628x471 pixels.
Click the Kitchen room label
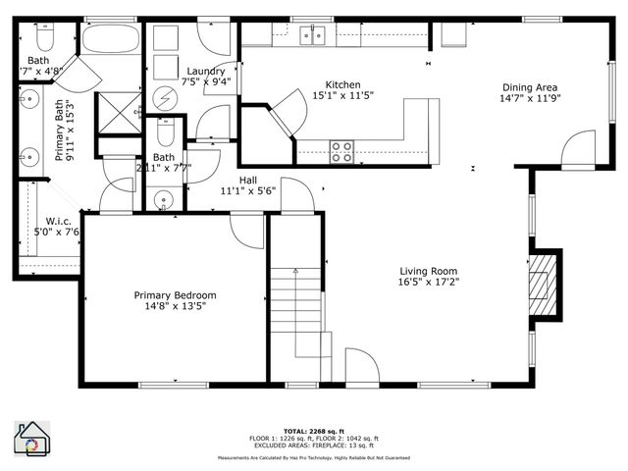click(342, 84)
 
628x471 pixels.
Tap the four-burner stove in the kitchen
click(341, 152)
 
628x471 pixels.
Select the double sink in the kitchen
click(313, 36)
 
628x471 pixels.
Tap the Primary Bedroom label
click(175, 294)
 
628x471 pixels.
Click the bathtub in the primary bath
click(112, 44)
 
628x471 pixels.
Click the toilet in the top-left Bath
click(42, 36)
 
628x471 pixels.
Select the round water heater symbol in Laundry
click(165, 99)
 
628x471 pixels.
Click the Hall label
click(248, 180)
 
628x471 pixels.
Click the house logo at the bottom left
click(32, 438)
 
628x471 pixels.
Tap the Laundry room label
click(206, 71)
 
